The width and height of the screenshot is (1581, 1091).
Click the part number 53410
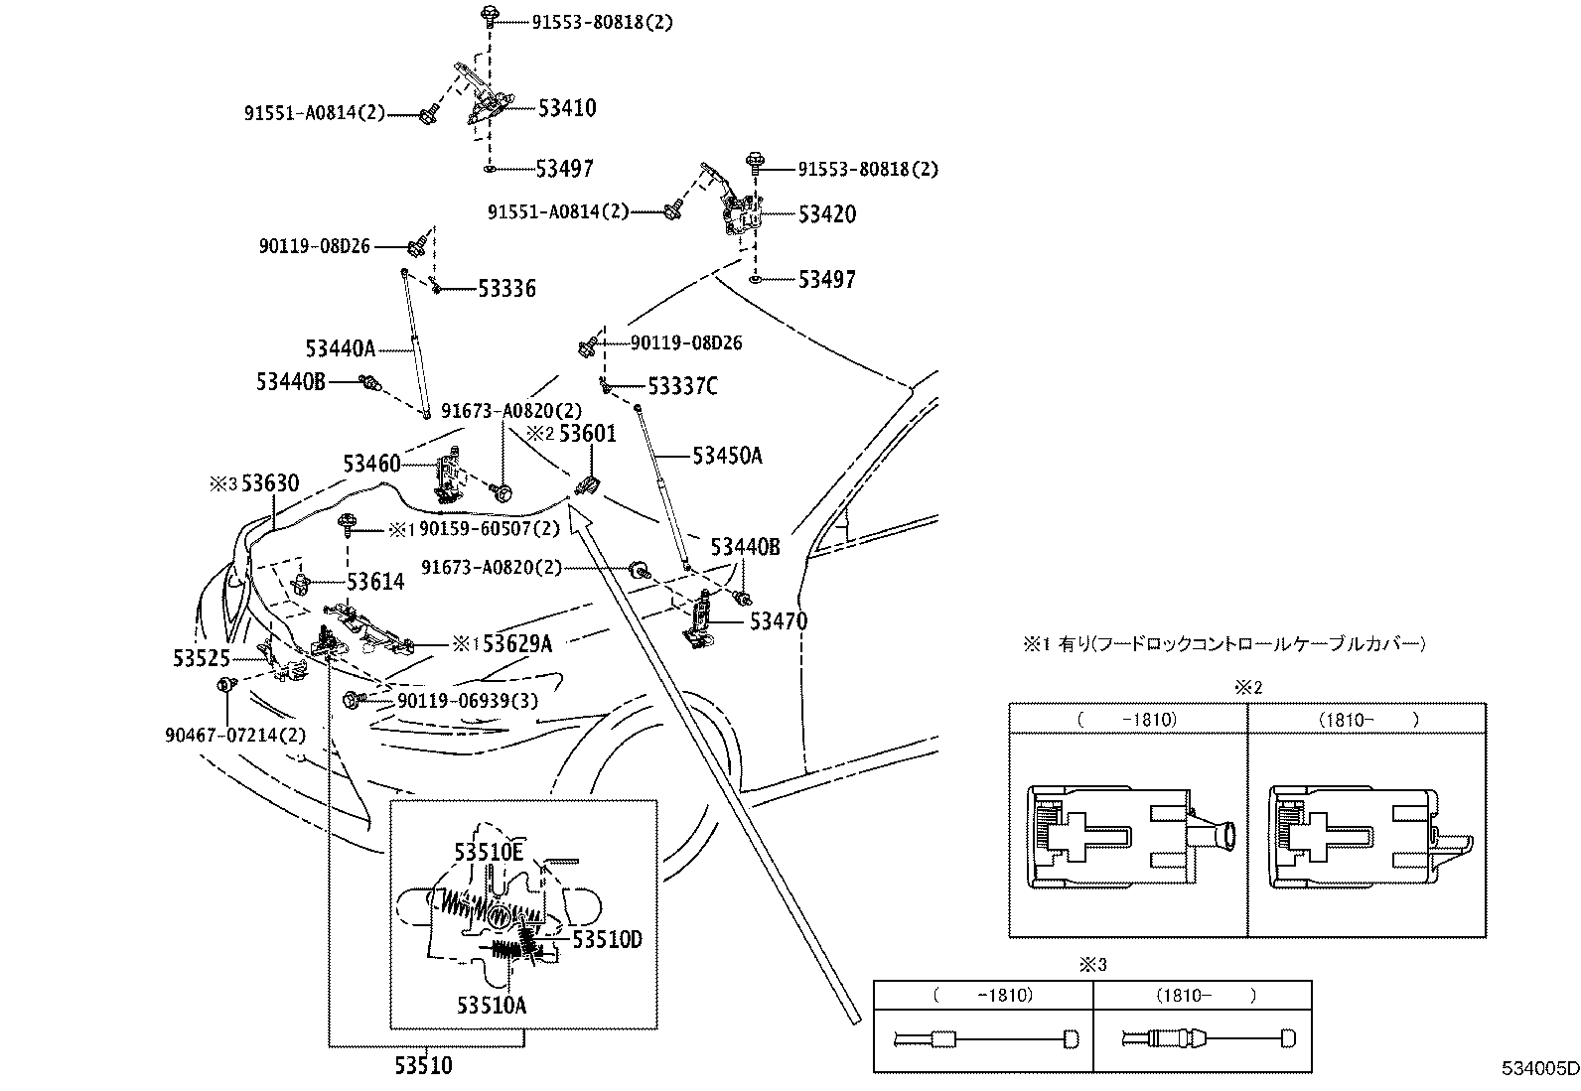tap(567, 108)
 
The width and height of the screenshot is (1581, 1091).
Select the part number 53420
tap(826, 213)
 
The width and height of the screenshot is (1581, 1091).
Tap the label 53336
tap(506, 288)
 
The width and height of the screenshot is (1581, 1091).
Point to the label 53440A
tap(341, 348)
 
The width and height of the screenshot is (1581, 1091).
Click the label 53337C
tap(682, 386)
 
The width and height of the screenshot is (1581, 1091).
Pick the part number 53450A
tap(727, 456)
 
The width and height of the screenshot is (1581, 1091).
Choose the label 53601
tap(587, 433)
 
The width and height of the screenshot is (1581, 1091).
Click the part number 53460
tap(372, 464)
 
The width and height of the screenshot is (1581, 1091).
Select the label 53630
tap(270, 483)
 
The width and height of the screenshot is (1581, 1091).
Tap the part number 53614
tap(375, 582)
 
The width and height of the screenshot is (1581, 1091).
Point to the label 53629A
tap(517, 643)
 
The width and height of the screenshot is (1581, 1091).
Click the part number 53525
tap(202, 658)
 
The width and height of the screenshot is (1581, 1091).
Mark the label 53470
tap(779, 621)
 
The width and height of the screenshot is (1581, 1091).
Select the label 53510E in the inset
tap(489, 853)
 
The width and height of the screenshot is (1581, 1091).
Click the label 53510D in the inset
tap(607, 939)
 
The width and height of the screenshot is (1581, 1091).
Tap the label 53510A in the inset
tap(492, 1005)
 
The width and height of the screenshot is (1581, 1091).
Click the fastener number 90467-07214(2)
tap(235, 736)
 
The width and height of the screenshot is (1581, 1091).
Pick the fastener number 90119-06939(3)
tap(468, 701)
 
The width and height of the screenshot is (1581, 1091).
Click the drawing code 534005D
tap(1540, 1068)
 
